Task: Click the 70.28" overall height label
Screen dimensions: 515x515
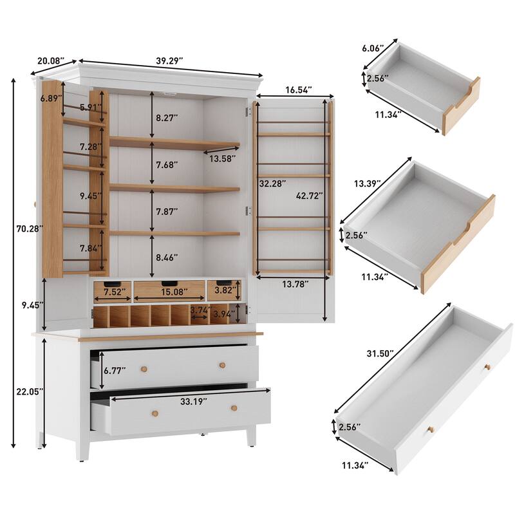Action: [x=26, y=227]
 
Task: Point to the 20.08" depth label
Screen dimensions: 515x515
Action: [x=51, y=61]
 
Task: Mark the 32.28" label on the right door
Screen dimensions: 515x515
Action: [x=272, y=183]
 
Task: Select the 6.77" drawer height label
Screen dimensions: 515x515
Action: [x=113, y=370]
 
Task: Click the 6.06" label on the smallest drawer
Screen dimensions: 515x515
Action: [x=373, y=48]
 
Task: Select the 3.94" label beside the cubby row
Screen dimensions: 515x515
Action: [x=225, y=314]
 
